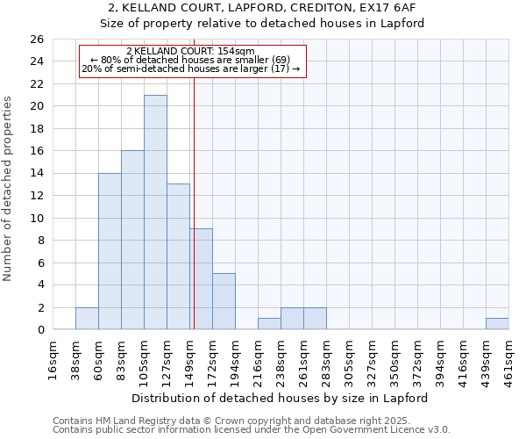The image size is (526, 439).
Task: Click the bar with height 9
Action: point(201,279)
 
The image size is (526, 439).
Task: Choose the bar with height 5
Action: point(224,301)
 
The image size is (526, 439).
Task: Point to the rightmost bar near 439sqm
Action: point(497,324)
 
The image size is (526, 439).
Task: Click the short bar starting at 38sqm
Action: point(87,319)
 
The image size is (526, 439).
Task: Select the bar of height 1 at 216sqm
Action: point(269,324)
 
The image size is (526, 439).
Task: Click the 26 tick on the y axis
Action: point(36,40)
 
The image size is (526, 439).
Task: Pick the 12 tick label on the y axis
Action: point(36,196)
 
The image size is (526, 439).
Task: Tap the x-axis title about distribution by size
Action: point(280,398)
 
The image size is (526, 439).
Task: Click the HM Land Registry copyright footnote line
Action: point(238,421)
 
